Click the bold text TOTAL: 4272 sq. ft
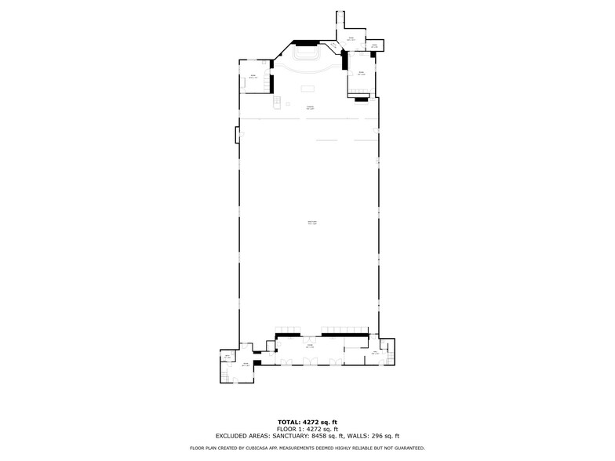307,423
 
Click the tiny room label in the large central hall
311,223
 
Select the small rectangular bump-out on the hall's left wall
236,135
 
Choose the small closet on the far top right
375,45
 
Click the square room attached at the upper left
253,76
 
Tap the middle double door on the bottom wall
312,361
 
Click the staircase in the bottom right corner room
384,345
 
